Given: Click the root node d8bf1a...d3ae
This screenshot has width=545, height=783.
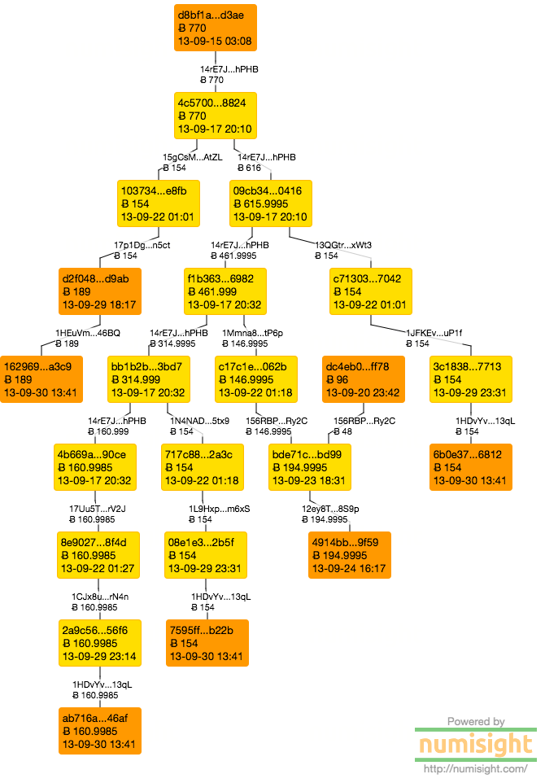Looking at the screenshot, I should [216, 27].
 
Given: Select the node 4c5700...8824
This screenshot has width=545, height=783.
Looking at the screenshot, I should [216, 116].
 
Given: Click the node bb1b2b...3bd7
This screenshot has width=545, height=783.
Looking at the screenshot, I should [148, 379].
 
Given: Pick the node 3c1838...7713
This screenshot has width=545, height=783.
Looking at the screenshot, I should [470, 379].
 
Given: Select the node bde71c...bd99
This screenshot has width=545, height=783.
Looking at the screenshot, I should [310, 467].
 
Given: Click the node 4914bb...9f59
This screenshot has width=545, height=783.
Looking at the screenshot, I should [350, 555].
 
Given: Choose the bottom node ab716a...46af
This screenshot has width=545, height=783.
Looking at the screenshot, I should [98, 731].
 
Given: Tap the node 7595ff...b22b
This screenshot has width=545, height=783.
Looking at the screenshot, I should [207, 643].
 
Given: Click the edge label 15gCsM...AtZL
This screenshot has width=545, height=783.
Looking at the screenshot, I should [192, 157].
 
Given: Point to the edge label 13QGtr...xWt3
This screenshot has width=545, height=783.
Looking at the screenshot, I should [343, 245].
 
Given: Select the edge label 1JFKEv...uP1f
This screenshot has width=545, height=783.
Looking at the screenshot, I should [434, 333].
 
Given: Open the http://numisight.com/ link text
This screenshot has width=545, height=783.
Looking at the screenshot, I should [476, 768].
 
